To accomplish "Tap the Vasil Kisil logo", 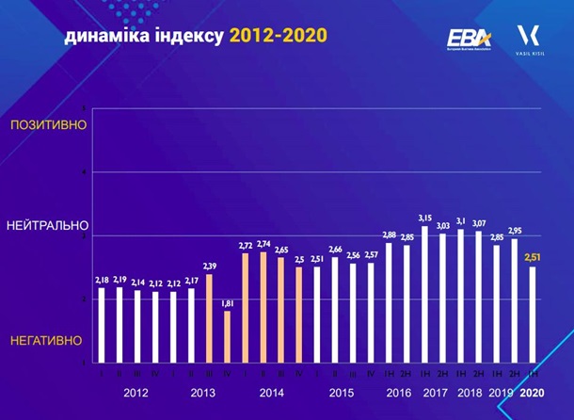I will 527,40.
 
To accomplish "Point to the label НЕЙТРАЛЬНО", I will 47,226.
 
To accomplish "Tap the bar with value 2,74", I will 263,307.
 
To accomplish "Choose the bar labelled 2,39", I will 210,318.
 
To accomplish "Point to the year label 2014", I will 272,393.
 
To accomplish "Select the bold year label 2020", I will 533,393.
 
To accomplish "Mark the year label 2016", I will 399,393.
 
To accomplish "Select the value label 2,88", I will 389,234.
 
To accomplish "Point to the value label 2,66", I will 335,249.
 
